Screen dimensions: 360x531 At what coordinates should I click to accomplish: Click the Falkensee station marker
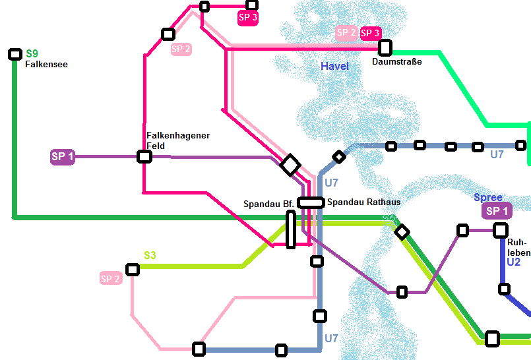coord(15,54)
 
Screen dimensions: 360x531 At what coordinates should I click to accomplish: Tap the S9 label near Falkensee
coord(32,54)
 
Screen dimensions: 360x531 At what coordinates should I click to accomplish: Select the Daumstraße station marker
coord(385,47)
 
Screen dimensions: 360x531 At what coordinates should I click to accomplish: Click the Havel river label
coord(334,66)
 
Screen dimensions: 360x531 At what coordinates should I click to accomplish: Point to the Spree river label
coord(488,197)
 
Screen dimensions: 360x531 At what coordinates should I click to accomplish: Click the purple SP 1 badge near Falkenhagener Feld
coord(63,157)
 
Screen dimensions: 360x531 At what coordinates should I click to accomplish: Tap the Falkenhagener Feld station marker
coord(144,157)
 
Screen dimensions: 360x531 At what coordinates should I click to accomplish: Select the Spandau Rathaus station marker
coord(310,202)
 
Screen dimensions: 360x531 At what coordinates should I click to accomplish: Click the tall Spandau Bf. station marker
coord(291,229)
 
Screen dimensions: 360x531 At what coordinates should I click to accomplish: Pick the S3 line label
coord(150,255)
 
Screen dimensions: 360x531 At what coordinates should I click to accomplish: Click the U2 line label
coord(514,262)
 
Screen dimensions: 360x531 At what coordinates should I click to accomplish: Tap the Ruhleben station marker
coord(501,230)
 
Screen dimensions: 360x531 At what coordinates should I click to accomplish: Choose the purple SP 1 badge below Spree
coord(496,211)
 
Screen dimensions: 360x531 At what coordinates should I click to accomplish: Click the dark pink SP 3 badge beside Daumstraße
coord(370,32)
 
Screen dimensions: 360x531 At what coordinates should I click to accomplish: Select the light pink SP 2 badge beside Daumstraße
coord(346,32)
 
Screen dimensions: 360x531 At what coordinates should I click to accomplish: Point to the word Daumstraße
coord(396,62)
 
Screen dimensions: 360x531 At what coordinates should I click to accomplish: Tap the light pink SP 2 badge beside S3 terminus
coord(111,278)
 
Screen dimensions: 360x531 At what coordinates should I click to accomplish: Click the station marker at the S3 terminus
coord(133,269)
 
